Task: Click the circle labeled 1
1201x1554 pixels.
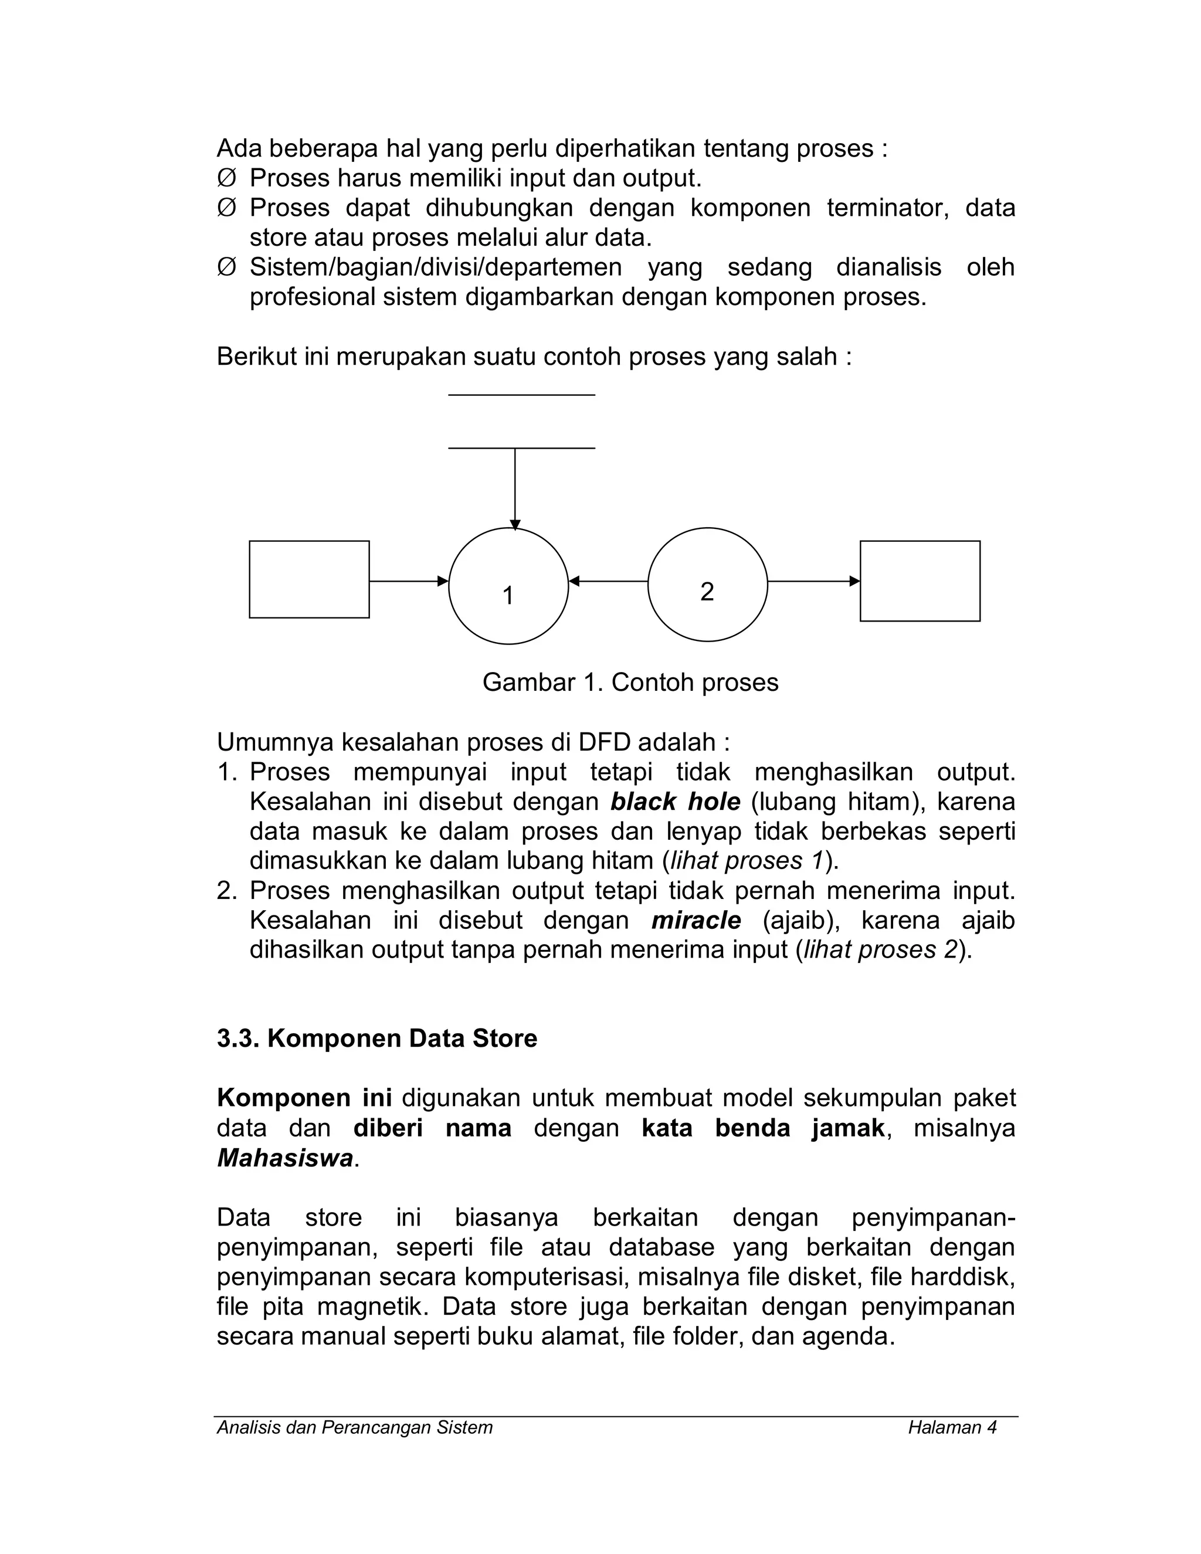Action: [508, 586]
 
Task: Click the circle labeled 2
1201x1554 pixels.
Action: [707, 584]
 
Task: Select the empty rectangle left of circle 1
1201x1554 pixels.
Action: [309, 579]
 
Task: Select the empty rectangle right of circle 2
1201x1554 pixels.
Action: [920, 581]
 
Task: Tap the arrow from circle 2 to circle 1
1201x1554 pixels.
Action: [608, 581]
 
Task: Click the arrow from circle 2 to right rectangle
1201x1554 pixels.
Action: [813, 581]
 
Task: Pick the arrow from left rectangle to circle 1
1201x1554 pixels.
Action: [408, 581]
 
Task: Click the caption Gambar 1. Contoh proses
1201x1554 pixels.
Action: [630, 683]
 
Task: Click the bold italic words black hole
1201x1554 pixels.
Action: [674, 802]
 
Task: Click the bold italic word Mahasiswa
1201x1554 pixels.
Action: [284, 1158]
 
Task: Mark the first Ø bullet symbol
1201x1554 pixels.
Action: [226, 178]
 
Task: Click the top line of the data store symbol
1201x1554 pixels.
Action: [521, 395]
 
